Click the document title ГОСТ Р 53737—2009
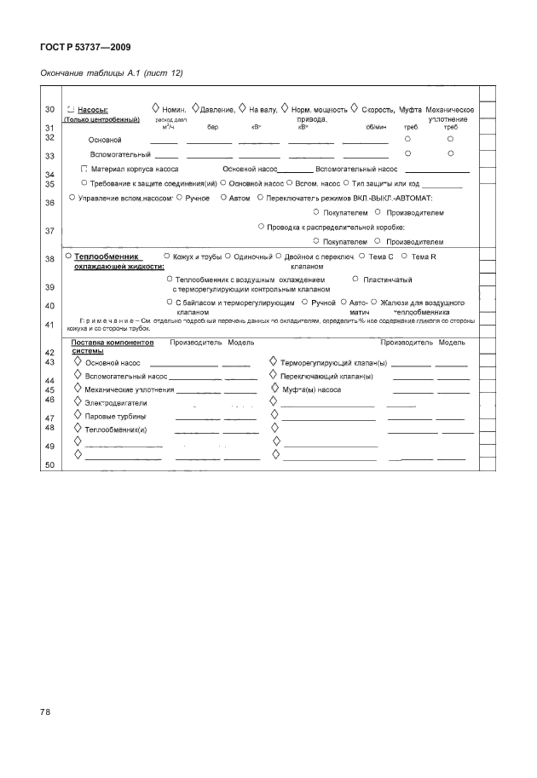pos(85,47)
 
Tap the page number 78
pos(47,711)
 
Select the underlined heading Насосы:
pos(91,110)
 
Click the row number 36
pos(49,202)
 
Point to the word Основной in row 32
pos(106,139)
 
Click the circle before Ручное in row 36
pos(178,198)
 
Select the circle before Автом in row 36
pos(222,198)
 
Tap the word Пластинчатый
pos(388,280)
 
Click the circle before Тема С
pos(362,256)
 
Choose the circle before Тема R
pos(404,256)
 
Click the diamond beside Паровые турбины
pos(78,415)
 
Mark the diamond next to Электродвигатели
pos(78,401)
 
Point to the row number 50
pos(49,464)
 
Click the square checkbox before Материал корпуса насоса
pos(84,169)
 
